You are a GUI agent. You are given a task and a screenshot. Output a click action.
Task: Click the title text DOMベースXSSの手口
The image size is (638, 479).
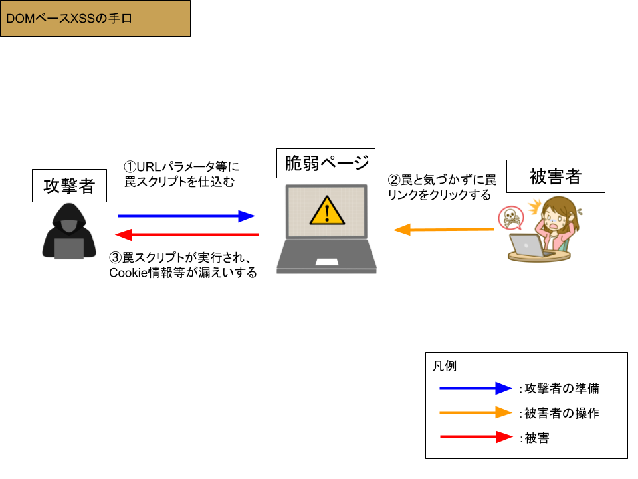[69, 19]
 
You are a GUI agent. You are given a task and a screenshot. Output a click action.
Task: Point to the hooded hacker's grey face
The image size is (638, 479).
[69, 224]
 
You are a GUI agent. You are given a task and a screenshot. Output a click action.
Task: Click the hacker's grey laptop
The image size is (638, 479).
[69, 248]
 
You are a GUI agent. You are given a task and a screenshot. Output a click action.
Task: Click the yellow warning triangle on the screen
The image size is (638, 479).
[327, 211]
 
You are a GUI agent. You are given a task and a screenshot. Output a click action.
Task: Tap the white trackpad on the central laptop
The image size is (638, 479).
[327, 261]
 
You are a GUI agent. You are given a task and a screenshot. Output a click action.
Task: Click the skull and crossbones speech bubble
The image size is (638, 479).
[510, 217]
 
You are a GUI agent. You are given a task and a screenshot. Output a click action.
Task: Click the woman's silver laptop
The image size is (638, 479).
[529, 244]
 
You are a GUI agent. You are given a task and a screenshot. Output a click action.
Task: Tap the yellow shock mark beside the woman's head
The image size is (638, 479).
[534, 206]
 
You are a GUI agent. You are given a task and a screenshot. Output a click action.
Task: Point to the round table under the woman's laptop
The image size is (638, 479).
[539, 257]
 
